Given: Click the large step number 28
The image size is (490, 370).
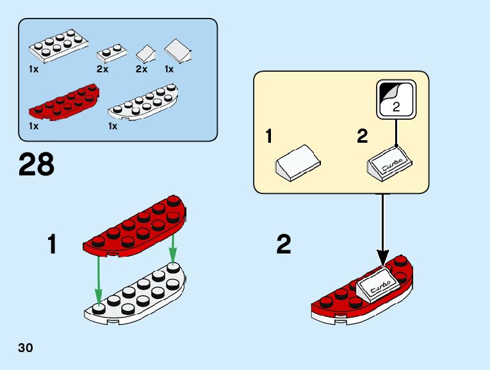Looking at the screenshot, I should [37, 165].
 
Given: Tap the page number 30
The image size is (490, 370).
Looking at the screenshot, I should [26, 348].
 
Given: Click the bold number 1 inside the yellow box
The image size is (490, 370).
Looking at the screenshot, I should [270, 136].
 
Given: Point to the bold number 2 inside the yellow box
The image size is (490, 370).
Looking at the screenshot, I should [362, 136].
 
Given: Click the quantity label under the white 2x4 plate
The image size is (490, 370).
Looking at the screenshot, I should [33, 69].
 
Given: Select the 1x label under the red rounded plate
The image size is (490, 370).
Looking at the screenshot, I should [33, 127].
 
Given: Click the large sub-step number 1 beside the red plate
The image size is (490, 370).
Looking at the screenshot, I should [53, 245].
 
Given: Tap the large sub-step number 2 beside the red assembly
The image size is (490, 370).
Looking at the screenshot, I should [284, 245].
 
